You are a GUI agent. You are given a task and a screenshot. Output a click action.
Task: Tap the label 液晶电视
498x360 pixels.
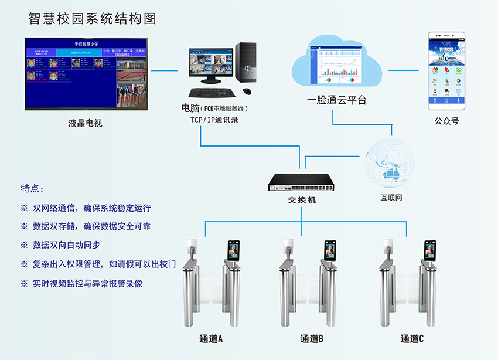85,124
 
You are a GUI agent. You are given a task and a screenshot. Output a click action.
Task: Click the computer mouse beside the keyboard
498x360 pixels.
247,91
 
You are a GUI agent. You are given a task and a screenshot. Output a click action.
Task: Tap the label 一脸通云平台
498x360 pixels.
337,100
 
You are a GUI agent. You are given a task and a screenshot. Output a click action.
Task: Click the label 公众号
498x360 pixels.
446,121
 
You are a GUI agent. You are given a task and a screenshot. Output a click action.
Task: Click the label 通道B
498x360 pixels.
311,339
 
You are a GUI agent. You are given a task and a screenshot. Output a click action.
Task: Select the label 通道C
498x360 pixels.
412,339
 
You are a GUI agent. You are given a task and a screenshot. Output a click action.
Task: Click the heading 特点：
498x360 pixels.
32,189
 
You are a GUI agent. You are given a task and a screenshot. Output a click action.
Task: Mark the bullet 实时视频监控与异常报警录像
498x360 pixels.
88,283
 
